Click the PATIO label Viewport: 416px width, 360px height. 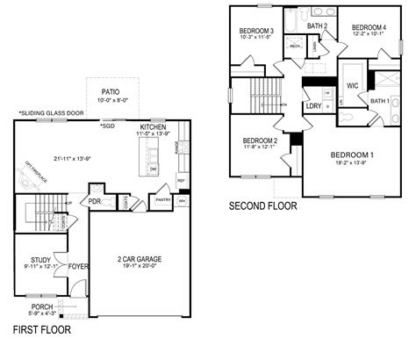[110, 91]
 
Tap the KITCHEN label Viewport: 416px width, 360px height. [152, 126]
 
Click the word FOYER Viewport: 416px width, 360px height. [79, 265]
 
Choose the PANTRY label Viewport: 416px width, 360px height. [161, 200]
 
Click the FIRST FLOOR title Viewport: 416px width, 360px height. [41, 331]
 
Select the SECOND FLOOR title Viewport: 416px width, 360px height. [262, 207]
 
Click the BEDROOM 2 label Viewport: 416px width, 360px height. [260, 140]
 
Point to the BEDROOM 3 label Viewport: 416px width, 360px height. [256, 32]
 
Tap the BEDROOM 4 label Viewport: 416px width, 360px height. [369, 28]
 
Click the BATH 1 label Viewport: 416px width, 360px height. [379, 101]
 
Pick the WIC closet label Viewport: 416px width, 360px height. [353, 86]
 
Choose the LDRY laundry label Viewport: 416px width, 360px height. [312, 105]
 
